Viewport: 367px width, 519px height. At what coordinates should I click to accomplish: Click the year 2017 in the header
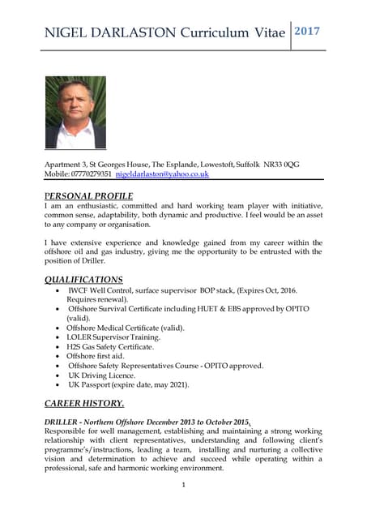click(307, 32)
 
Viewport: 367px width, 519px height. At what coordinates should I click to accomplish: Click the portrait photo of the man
click(75, 113)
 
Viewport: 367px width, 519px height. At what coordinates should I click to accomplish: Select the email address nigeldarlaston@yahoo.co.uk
click(162, 174)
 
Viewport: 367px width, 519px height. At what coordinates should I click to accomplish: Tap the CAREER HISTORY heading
click(84, 403)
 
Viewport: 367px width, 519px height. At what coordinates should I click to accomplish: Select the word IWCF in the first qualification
click(79, 290)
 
